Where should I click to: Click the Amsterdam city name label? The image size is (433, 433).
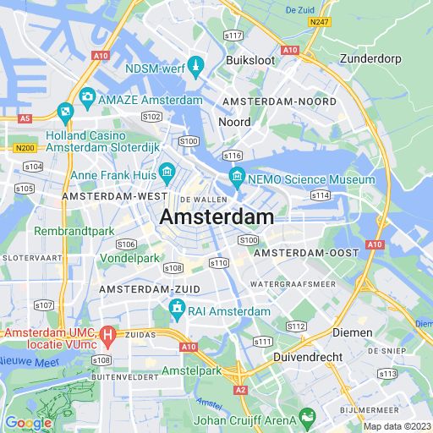(216, 217)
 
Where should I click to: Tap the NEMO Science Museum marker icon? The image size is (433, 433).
(237, 179)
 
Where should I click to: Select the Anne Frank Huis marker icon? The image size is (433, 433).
(167, 175)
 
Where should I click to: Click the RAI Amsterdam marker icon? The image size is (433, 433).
(177, 310)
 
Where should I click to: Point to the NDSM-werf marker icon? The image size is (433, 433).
(195, 67)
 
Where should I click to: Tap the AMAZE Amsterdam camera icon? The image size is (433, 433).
(87, 98)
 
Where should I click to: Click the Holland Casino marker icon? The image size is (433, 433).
(65, 111)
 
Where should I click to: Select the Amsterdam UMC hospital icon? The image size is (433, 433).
(107, 336)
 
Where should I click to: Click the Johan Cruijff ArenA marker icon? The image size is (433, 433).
(307, 417)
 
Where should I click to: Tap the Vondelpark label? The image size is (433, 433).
(129, 257)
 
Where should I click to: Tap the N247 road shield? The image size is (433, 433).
(318, 21)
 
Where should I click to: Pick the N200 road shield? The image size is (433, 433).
(25, 147)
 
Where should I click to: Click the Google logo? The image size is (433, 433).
(28, 423)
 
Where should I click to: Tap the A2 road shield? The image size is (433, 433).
(241, 390)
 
